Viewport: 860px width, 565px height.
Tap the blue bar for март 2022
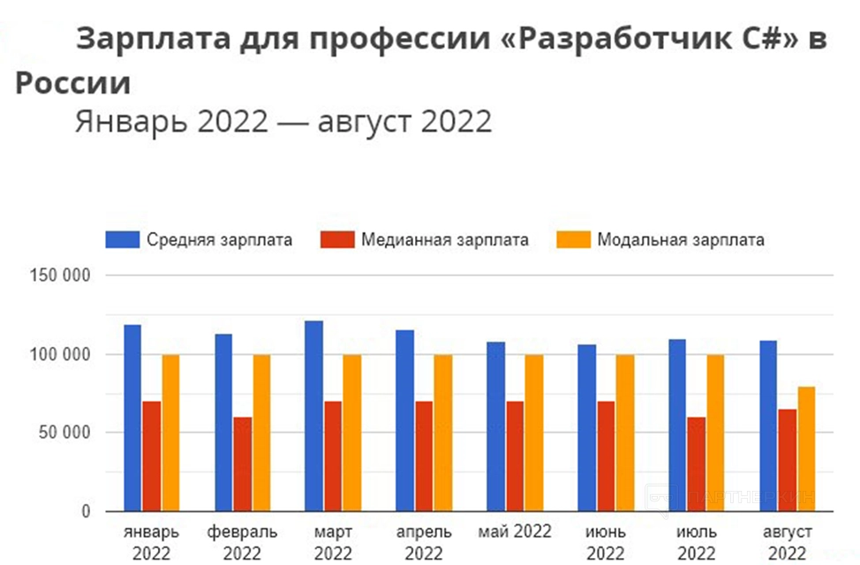(x=313, y=416)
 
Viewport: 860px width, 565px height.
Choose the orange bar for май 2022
(x=533, y=433)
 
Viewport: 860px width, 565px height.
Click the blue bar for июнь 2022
(x=586, y=427)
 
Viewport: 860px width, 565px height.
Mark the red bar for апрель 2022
(x=424, y=456)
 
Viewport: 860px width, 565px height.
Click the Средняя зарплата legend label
(x=220, y=239)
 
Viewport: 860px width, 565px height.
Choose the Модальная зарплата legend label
(x=681, y=239)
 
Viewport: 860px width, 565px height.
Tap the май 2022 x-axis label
(x=515, y=531)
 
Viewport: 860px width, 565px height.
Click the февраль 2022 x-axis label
(x=242, y=542)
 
